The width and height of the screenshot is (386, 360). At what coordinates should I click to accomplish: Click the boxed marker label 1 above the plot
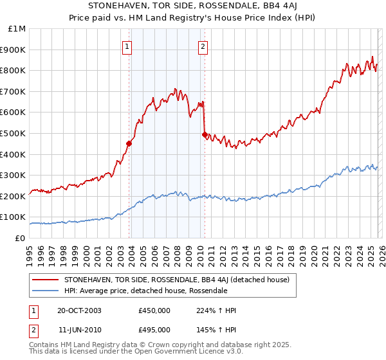127,46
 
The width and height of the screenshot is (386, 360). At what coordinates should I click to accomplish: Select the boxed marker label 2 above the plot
203,46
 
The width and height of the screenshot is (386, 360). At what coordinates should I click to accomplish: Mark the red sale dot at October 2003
129,143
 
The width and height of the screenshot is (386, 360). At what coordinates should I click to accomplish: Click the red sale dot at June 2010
205,134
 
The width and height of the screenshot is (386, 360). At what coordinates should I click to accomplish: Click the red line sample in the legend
45,280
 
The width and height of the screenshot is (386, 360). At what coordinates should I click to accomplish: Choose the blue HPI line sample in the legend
45,291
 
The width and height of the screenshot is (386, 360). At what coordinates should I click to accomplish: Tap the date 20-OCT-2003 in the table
79,310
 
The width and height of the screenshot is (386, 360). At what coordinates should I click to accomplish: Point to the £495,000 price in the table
154,329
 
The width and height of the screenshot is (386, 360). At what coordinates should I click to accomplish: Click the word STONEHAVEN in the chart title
107,6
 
